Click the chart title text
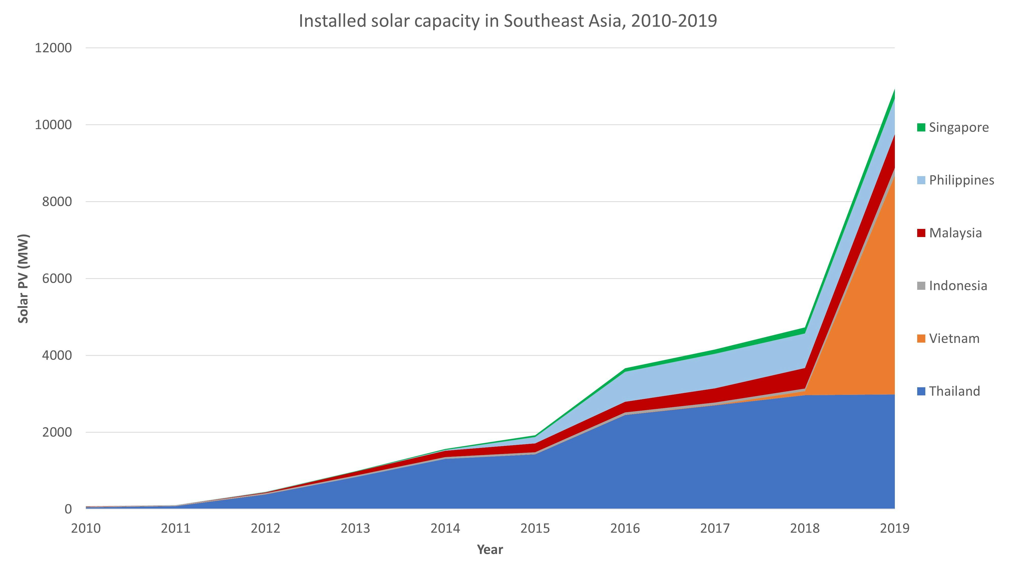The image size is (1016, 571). click(x=507, y=21)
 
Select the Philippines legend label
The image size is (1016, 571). click(x=961, y=180)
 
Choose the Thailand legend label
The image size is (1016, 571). click(x=954, y=391)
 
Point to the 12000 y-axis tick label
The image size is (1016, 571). click(x=53, y=48)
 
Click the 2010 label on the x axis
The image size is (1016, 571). click(x=86, y=528)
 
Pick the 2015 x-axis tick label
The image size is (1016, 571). click(x=535, y=528)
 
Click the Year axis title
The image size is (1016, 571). click(x=490, y=550)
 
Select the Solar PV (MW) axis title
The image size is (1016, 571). click(x=23, y=279)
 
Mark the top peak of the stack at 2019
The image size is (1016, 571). click(x=894, y=90)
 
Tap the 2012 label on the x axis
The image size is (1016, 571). click(x=265, y=528)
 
